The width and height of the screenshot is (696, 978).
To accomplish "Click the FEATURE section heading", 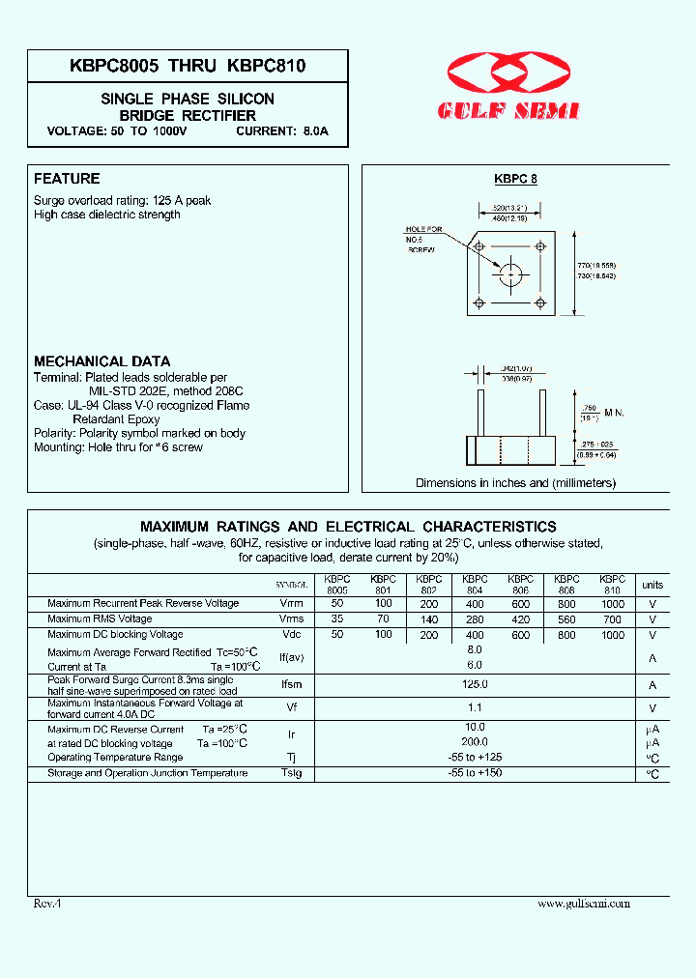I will (67, 179).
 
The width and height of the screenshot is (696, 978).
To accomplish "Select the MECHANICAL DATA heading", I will (102, 361).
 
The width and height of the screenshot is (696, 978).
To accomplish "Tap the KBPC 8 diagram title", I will (515, 179).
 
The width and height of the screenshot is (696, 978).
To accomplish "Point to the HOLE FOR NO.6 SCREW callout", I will (422, 240).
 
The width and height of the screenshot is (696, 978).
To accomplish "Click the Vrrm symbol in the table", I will (291, 604).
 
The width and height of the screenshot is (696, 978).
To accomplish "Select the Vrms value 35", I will (336, 619).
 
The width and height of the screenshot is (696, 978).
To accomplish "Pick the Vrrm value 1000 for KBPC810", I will (612, 604).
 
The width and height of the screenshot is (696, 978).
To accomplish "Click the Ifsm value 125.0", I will (474, 684).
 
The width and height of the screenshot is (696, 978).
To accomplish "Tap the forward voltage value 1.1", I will (474, 707).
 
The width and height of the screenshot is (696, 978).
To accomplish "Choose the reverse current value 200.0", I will (474, 742).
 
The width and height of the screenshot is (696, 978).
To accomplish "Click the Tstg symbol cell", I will (291, 774).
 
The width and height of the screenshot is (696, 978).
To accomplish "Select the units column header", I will (652, 585).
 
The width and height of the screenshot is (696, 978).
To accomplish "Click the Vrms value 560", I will (566, 619).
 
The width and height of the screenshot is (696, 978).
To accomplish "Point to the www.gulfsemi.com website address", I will (583, 903).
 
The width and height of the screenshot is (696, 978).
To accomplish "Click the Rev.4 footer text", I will (47, 903).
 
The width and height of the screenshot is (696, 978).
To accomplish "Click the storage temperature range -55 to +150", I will (474, 773).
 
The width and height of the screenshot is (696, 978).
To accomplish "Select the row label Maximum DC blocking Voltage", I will (115, 635).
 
